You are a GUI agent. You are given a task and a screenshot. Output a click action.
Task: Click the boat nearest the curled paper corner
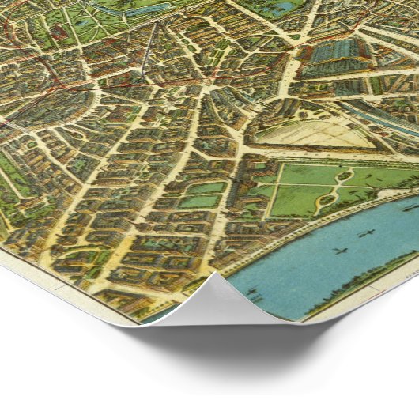[252, 294]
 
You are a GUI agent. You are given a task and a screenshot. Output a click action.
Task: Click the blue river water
[332, 261]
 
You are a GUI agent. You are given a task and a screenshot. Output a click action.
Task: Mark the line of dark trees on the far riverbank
[372, 281]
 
